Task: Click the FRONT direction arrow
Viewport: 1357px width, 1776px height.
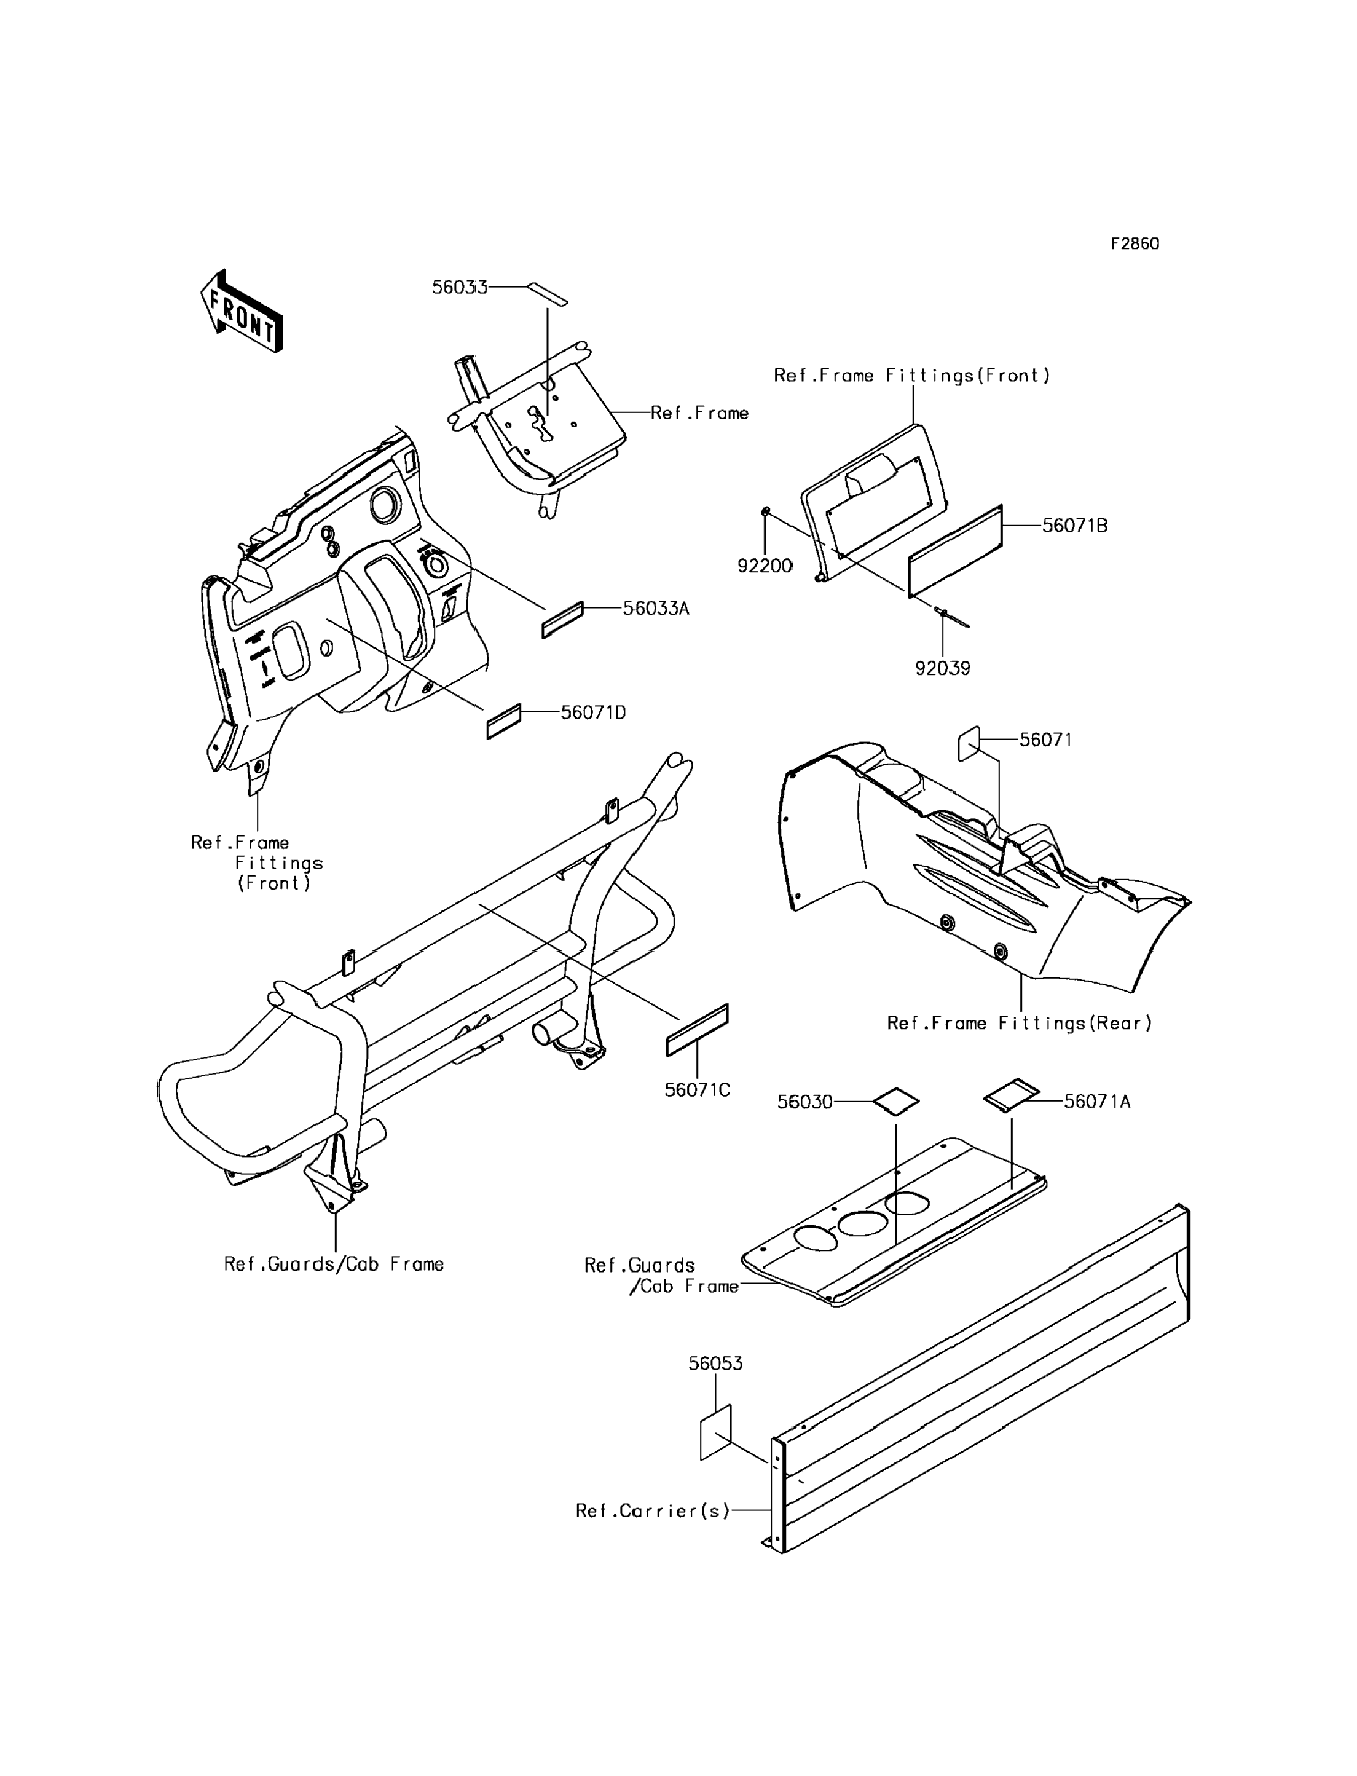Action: click(x=242, y=311)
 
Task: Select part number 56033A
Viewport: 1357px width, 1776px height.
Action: click(x=656, y=609)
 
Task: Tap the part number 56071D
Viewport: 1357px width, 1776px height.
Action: click(x=594, y=712)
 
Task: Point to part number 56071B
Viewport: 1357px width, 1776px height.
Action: click(x=1075, y=525)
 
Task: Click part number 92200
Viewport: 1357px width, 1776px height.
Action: click(x=765, y=566)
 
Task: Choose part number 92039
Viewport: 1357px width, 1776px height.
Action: click(x=943, y=668)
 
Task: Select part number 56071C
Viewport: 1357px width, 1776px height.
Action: click(x=697, y=1090)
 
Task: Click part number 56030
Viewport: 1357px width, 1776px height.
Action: click(x=804, y=1102)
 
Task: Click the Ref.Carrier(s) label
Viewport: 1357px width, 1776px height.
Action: click(x=653, y=1510)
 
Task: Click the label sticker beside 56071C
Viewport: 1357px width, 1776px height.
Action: click(x=697, y=1030)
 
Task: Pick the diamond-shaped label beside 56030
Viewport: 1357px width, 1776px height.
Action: click(x=896, y=1101)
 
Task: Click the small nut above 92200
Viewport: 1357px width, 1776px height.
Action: click(x=766, y=511)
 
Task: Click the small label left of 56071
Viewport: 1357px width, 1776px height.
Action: click(x=969, y=744)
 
